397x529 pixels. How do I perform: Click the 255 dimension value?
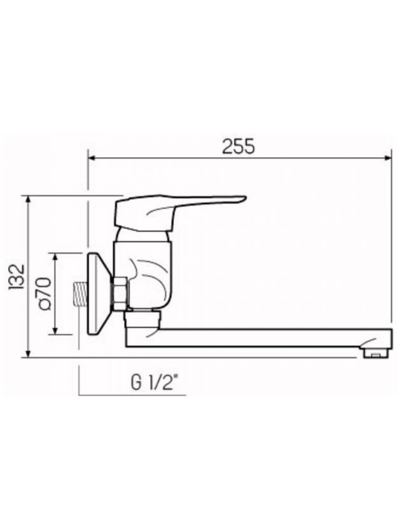239,146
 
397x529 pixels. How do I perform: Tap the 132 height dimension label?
17,277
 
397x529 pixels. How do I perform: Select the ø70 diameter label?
45,293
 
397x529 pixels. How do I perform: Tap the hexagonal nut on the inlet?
120,293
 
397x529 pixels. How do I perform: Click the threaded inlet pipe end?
81,292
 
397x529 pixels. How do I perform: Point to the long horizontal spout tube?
258,338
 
